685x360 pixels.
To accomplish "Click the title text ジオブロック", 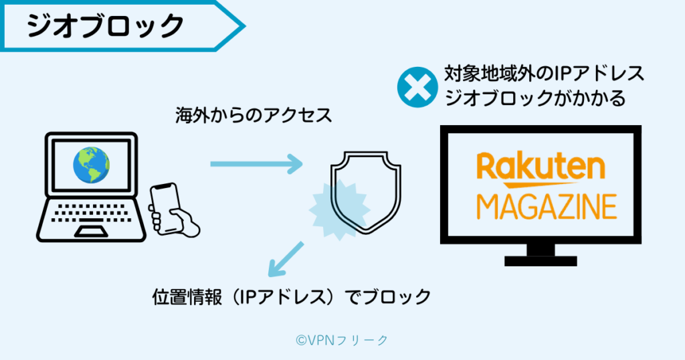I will [105, 25].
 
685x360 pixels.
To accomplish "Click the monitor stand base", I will [541, 260].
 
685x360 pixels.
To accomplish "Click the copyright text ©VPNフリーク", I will [342, 340].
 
